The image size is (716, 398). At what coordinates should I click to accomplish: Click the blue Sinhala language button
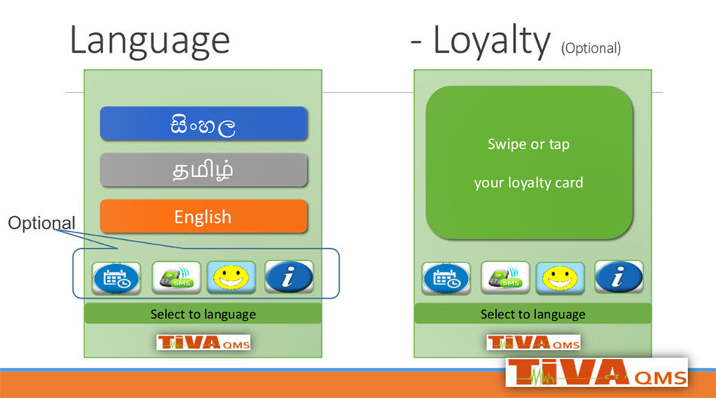point(203,123)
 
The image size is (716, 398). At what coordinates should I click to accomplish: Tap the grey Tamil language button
point(203,170)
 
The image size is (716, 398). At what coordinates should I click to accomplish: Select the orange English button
point(203,216)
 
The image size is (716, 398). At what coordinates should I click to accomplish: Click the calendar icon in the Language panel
point(116,278)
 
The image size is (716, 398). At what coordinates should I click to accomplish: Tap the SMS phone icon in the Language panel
point(176,277)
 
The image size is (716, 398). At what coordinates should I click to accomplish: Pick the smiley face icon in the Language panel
point(231,277)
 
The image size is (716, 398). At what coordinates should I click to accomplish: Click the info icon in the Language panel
point(289,276)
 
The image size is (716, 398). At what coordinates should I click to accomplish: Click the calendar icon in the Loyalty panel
point(446,278)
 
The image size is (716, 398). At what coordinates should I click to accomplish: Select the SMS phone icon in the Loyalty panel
point(505,278)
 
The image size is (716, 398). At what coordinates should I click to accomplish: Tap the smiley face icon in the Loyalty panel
point(560,278)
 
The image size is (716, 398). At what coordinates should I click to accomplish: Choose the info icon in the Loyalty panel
point(619,276)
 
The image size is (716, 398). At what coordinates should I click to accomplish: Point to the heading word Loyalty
point(492,41)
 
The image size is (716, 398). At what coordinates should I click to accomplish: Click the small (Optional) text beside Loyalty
point(591,48)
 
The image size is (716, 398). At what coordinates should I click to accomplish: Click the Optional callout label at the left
point(41,223)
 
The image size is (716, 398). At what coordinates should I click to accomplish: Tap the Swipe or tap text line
point(529,144)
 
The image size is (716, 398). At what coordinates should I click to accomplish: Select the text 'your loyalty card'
point(529,183)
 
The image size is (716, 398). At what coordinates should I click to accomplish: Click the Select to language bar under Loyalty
point(533,314)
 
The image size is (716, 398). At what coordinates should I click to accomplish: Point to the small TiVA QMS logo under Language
point(203,342)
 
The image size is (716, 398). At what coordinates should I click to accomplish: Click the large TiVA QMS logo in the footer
point(597,372)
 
